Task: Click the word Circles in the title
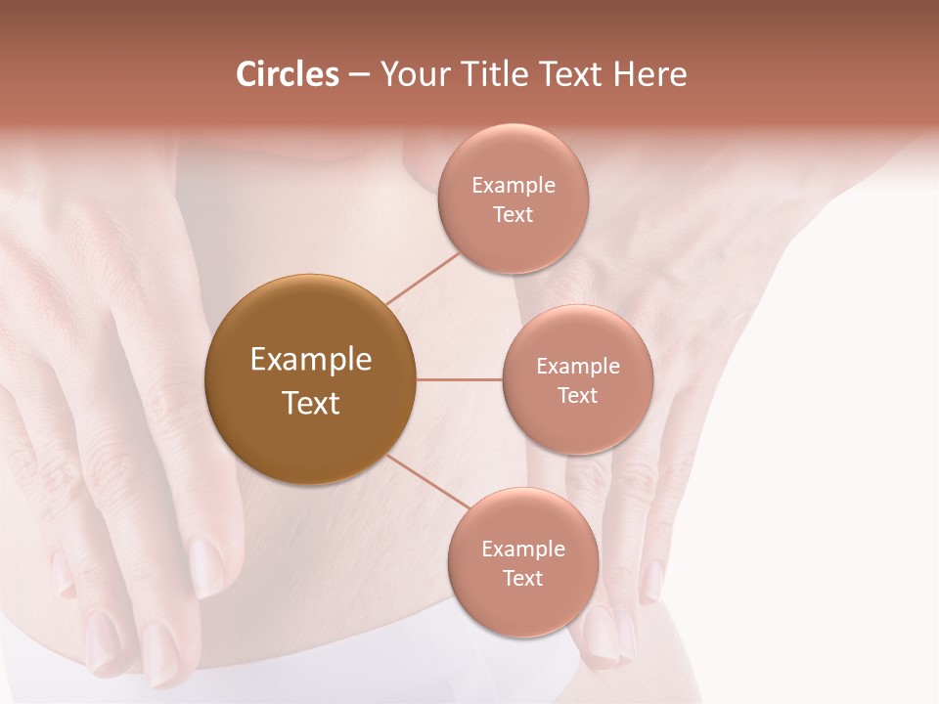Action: click(x=287, y=74)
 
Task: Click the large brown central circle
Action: click(x=310, y=440)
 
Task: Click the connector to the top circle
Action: click(x=423, y=278)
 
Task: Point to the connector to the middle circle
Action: click(x=459, y=379)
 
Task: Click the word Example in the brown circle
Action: click(x=311, y=360)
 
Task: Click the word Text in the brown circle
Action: click(x=311, y=403)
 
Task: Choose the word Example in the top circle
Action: click(x=514, y=186)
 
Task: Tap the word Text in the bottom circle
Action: click(x=522, y=578)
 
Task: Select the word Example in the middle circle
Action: click(x=578, y=367)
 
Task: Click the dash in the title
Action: click(x=359, y=75)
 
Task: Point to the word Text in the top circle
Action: click(x=513, y=214)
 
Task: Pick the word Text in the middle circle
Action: click(x=577, y=395)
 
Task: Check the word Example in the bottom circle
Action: click(x=523, y=549)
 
